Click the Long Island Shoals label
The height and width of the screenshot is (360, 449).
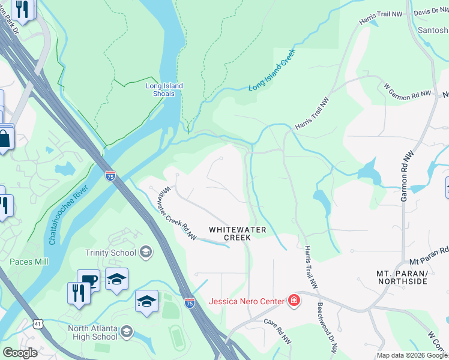pos(164,89)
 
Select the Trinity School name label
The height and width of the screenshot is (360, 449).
pos(110,253)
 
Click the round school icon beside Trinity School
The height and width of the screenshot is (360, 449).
pos(145,252)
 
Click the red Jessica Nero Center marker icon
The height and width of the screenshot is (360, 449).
pos(294,301)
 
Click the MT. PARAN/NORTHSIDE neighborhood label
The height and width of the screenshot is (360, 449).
pos(402,277)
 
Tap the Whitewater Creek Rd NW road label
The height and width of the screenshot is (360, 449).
pos(178,214)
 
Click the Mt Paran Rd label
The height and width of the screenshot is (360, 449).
pos(429,256)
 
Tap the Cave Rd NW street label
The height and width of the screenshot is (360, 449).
pos(278,330)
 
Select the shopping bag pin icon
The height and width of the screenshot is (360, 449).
pos(4,139)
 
